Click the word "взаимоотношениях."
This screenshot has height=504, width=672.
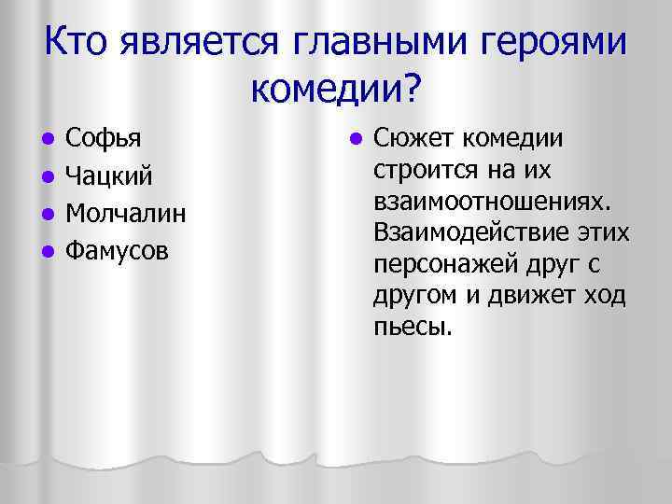tap(490, 203)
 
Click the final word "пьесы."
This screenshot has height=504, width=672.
tap(412, 328)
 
